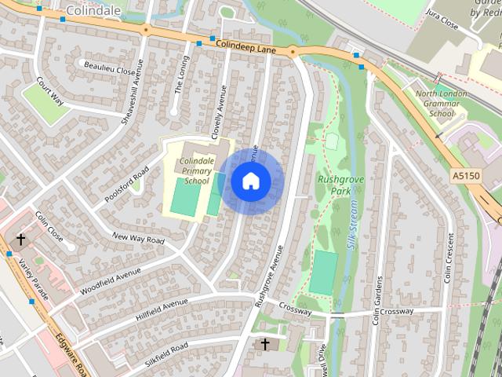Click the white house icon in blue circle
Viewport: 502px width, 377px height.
[250, 181]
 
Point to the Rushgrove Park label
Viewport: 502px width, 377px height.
[333, 185]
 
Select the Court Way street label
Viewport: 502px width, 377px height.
[49, 91]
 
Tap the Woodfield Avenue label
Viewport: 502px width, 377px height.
[110, 282]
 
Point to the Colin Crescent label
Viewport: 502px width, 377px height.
[448, 258]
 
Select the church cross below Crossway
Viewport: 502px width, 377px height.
[264, 344]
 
